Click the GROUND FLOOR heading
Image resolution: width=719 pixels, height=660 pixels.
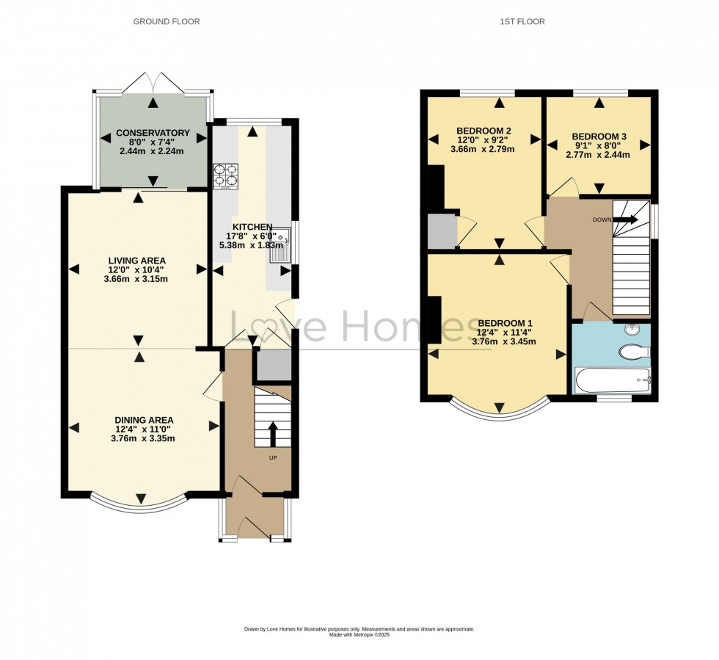pyautogui.click(x=166, y=22)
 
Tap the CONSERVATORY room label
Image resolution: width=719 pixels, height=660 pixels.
pyautogui.click(x=152, y=133)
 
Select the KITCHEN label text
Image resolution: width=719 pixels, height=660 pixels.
pyautogui.click(x=252, y=227)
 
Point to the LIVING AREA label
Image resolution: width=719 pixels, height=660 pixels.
pyautogui.click(x=137, y=261)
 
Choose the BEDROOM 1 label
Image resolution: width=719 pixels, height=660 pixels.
pyautogui.click(x=505, y=323)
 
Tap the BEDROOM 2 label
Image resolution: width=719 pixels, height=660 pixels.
pyautogui.click(x=483, y=131)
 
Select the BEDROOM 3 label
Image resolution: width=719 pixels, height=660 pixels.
pyautogui.click(x=599, y=136)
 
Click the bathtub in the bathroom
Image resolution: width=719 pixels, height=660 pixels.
pyautogui.click(x=613, y=380)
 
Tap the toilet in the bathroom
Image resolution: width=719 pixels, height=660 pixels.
pyautogui.click(x=634, y=353)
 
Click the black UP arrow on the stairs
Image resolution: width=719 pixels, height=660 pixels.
pyautogui.click(x=273, y=433)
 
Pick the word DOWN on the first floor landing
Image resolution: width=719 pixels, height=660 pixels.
pyautogui.click(x=602, y=219)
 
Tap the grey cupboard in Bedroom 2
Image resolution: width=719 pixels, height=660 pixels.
pyautogui.click(x=442, y=231)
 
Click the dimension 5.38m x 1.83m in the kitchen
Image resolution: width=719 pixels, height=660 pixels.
pyautogui.click(x=251, y=245)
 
